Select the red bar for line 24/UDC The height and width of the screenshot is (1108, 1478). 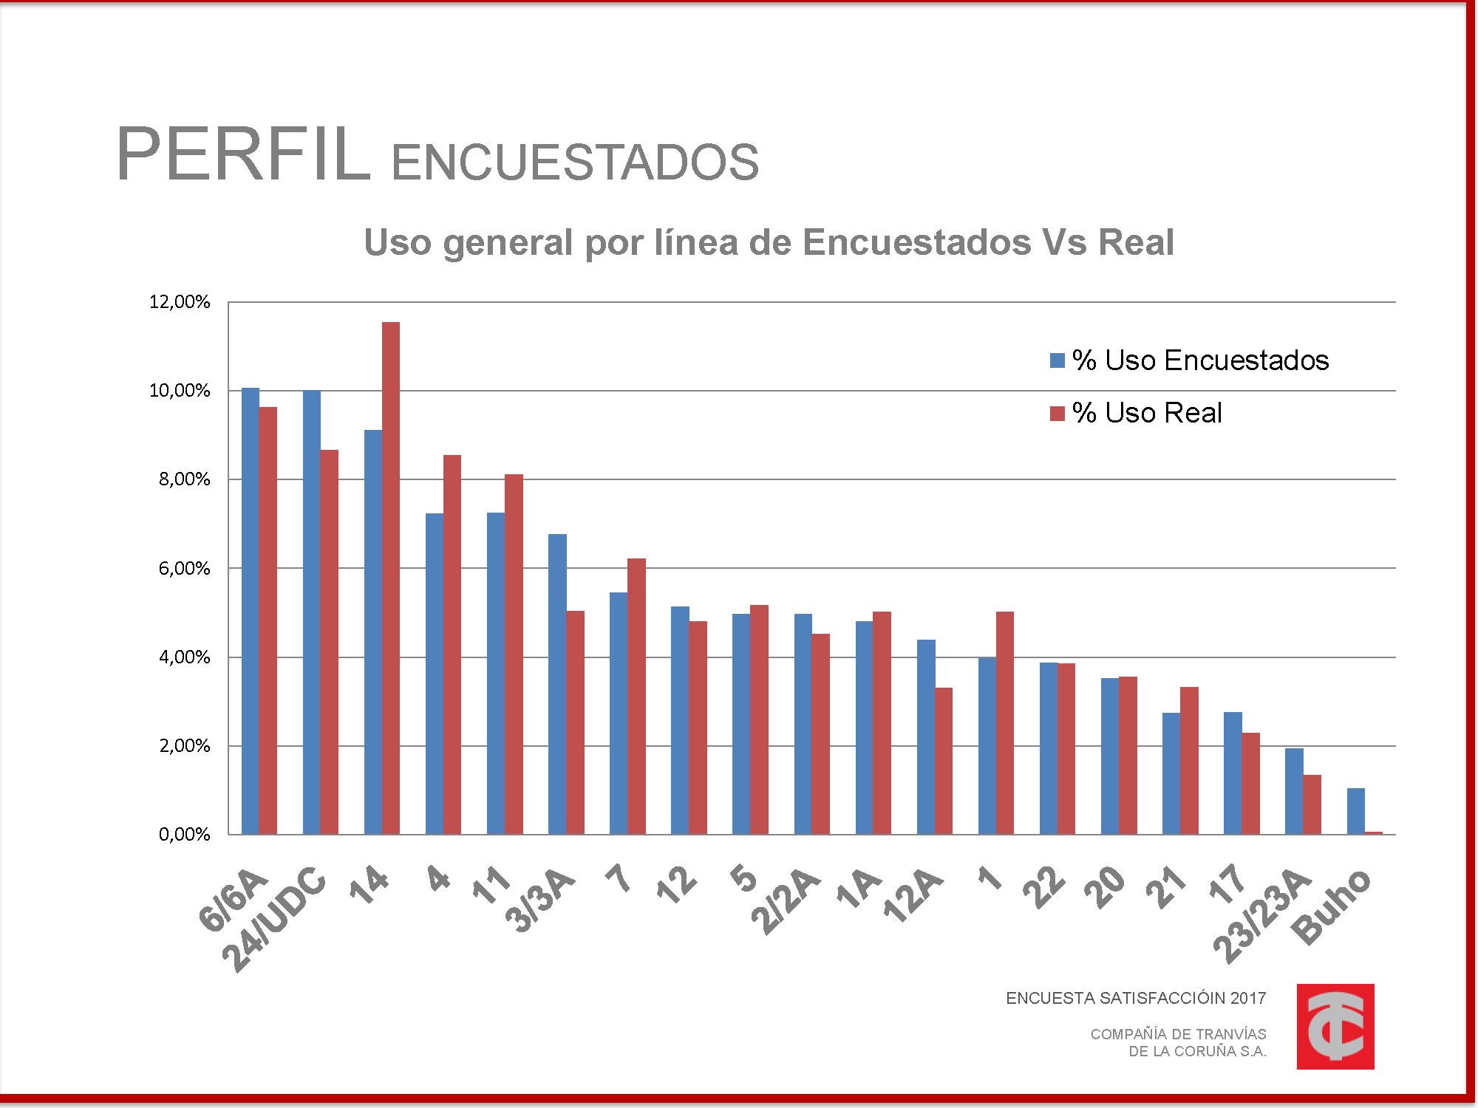[x=330, y=642]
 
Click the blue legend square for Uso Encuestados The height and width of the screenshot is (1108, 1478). [x=1058, y=360]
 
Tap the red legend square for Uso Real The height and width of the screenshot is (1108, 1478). [x=1058, y=413]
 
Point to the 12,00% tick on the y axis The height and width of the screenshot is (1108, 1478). [x=180, y=301]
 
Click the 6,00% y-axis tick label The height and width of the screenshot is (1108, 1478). [x=184, y=568]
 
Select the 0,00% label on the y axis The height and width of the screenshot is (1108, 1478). [x=184, y=835]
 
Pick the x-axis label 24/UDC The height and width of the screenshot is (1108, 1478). [x=275, y=920]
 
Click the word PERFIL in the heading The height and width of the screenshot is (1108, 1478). [x=243, y=154]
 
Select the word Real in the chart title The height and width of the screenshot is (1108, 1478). [x=1136, y=242]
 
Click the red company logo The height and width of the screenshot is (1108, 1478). [x=1335, y=1026]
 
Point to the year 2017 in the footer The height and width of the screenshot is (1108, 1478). [x=1248, y=998]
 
